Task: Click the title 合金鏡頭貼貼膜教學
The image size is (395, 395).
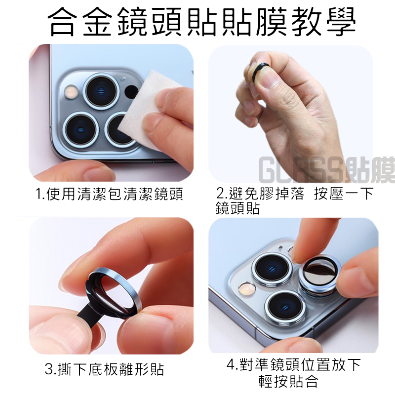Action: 201,22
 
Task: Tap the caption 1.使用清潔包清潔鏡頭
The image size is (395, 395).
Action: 109,194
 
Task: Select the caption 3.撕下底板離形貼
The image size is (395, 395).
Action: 104,369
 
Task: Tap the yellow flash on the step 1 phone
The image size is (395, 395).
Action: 71,91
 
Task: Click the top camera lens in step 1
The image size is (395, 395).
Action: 101,91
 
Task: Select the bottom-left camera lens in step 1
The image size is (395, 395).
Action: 81,130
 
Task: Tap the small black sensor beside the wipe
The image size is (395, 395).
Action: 131,91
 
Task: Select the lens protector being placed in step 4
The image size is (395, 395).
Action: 320,275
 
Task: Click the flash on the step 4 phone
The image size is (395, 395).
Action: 246,288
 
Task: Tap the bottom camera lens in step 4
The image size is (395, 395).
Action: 285,307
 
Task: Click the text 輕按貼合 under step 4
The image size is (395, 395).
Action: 288,381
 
